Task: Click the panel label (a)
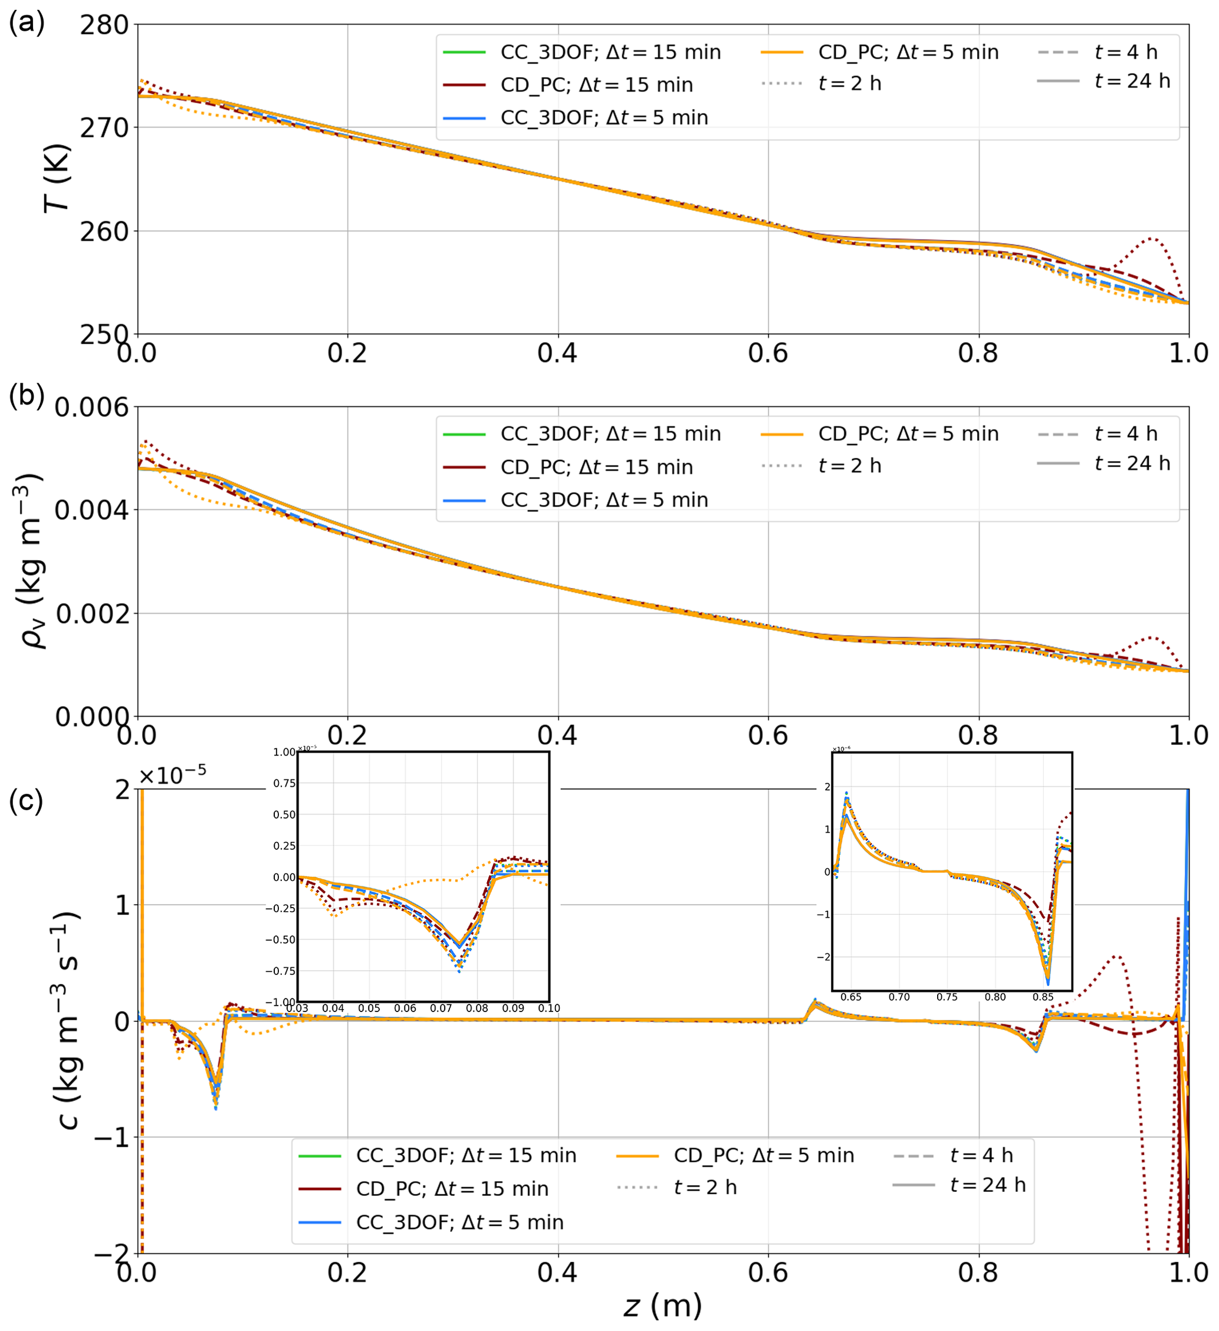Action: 27,23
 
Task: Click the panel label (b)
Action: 27,394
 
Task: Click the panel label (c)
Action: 27,801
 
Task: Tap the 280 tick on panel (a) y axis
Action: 104,25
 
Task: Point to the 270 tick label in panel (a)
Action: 104,128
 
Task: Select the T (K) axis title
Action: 56,178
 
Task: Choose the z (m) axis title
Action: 662,1305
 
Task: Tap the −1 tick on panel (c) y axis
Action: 111,1138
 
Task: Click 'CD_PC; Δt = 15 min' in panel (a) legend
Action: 596,85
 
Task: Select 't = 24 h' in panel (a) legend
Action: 1132,81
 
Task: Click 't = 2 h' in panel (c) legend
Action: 705,1188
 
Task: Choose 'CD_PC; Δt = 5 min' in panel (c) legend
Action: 763,1155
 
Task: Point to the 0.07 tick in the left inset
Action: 441,1008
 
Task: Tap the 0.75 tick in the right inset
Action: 947,997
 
